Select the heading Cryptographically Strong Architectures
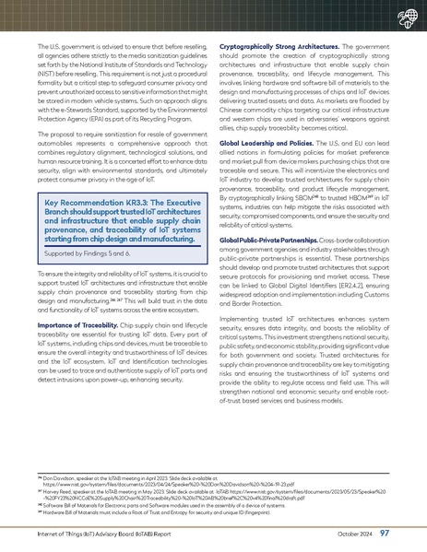point(264,45)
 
